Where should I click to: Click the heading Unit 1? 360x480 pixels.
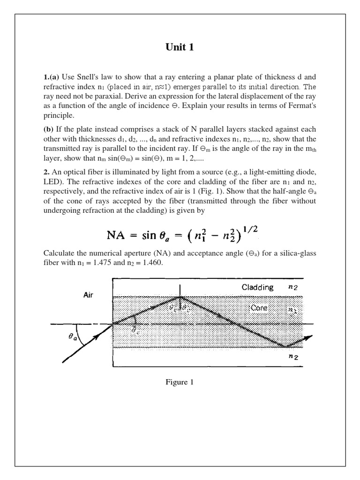point(180,47)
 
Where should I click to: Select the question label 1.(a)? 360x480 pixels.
point(51,77)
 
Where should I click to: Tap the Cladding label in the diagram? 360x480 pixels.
point(257,287)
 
